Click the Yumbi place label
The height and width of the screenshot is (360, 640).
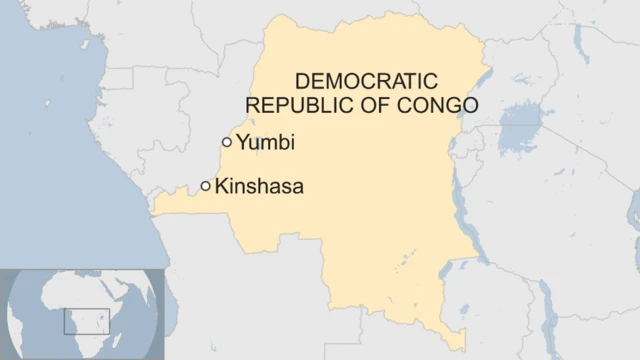(265, 143)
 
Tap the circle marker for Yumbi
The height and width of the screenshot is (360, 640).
(227, 142)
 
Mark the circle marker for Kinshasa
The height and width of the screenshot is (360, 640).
(206, 185)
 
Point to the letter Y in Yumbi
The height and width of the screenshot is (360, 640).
(243, 143)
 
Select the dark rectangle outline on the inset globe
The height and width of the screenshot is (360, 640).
(85, 321)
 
